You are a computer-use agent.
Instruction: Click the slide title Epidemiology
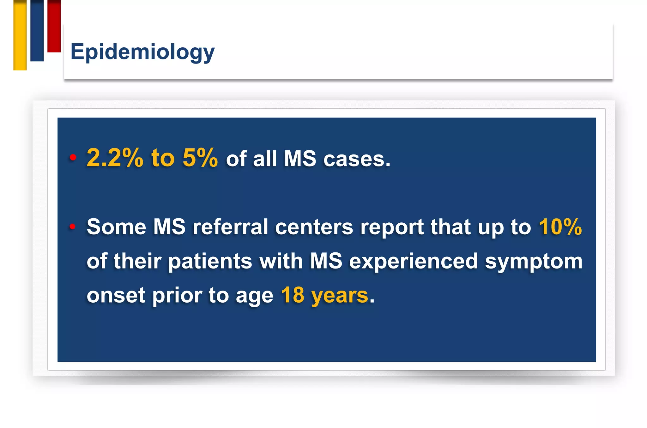[x=142, y=52]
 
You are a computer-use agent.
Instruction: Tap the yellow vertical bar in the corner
[x=20, y=35]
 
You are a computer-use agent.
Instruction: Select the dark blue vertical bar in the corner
[x=37, y=31]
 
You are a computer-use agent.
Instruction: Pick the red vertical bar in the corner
[x=54, y=26]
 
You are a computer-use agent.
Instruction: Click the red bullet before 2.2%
[x=73, y=157]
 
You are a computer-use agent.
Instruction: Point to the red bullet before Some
[x=73, y=226]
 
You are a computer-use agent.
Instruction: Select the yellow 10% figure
[x=560, y=227]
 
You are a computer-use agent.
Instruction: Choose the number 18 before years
[x=293, y=295]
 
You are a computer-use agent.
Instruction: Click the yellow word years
[x=340, y=296]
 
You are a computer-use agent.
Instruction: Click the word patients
[x=210, y=262]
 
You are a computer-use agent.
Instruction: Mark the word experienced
[x=413, y=262]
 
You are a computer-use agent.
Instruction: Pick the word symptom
[x=534, y=262]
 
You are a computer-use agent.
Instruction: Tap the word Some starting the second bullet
[x=116, y=227]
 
